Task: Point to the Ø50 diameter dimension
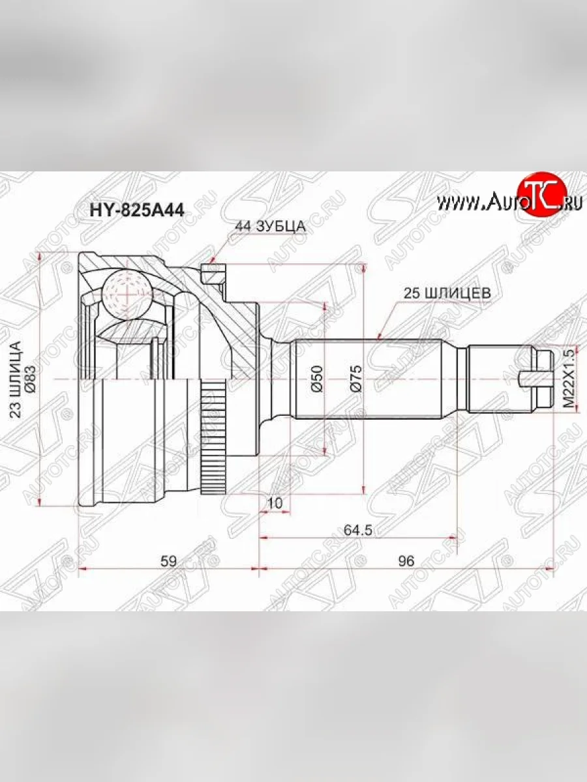pyautogui.click(x=317, y=378)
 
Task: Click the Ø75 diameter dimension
pyautogui.click(x=356, y=378)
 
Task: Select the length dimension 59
pyautogui.click(x=168, y=560)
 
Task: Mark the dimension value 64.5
pyautogui.click(x=358, y=530)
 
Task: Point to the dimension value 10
pyautogui.click(x=275, y=502)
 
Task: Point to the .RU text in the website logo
pyautogui.click(x=571, y=203)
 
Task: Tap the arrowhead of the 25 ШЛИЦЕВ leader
pyautogui.click(x=379, y=337)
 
